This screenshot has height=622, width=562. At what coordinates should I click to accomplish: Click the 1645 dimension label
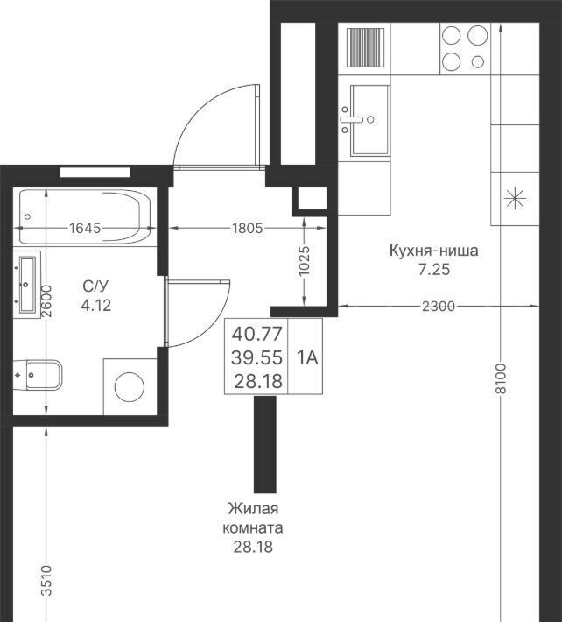(x=85, y=228)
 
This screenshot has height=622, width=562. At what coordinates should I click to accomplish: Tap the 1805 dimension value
(x=248, y=228)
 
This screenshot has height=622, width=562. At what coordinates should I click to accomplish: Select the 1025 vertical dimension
(x=304, y=261)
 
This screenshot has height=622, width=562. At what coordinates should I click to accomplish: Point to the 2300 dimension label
(x=439, y=307)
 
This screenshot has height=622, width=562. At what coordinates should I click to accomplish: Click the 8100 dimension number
(x=501, y=378)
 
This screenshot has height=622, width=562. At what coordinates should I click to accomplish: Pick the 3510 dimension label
(x=46, y=581)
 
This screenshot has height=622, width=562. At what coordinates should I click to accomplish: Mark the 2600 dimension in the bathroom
(x=46, y=300)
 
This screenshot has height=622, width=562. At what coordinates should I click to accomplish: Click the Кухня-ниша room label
(x=434, y=251)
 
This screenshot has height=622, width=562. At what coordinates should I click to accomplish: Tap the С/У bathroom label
(x=95, y=286)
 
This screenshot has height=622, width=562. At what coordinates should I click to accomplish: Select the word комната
(x=253, y=528)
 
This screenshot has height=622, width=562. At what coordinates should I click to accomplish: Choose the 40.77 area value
(x=256, y=334)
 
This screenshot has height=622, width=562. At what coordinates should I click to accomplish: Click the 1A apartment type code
(x=307, y=357)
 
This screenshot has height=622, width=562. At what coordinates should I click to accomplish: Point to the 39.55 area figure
(x=256, y=357)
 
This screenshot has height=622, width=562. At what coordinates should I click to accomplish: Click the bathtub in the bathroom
(x=85, y=216)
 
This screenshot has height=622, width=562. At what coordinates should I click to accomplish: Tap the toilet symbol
(x=38, y=375)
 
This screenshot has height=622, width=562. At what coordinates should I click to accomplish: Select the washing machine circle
(x=130, y=386)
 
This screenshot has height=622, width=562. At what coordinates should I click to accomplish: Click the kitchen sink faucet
(x=351, y=119)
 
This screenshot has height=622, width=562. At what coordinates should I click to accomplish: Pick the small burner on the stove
(x=478, y=62)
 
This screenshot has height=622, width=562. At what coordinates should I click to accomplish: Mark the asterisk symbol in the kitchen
(x=515, y=198)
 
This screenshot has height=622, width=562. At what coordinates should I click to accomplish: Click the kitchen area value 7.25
(x=434, y=270)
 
